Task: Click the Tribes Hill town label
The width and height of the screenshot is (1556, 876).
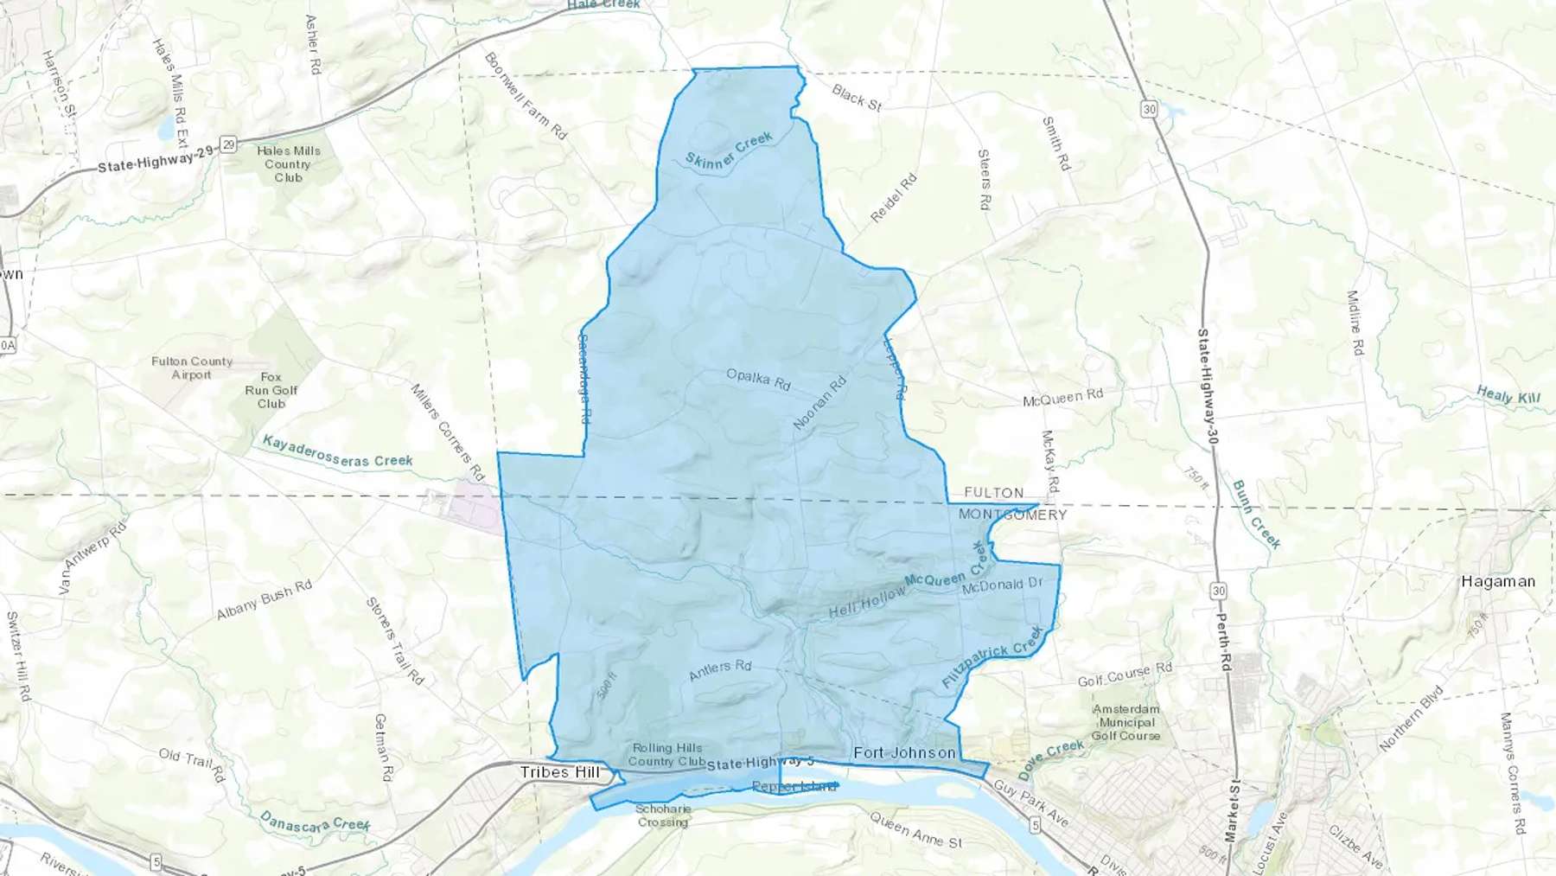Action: click(559, 772)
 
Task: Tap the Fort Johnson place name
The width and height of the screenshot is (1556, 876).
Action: click(904, 753)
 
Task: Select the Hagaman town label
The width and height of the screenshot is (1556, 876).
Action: click(1498, 581)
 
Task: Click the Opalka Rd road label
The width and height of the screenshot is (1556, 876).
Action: click(758, 379)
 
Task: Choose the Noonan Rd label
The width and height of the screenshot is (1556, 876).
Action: click(819, 403)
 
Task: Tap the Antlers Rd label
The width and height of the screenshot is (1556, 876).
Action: click(720, 669)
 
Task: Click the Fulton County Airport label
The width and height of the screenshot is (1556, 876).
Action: click(192, 368)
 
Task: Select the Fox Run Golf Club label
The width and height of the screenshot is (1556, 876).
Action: click(271, 390)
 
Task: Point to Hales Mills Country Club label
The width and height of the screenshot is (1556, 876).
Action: click(288, 163)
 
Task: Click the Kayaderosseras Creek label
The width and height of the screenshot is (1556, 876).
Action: click(337, 451)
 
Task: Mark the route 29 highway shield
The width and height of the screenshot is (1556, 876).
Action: click(228, 144)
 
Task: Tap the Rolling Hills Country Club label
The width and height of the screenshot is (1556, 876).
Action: click(666, 754)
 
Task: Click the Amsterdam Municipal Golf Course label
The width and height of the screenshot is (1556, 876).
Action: click(1126, 722)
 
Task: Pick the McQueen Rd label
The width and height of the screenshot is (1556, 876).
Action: click(1062, 398)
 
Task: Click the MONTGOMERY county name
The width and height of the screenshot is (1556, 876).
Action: click(1012, 515)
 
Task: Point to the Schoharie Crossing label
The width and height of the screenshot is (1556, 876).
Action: click(663, 815)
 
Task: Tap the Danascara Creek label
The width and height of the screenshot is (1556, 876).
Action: click(315, 822)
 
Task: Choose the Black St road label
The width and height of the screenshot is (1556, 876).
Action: click(857, 98)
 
